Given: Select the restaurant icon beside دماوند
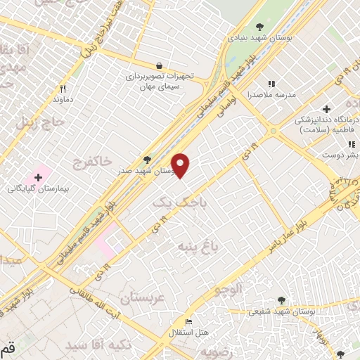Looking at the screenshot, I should coord(63,89).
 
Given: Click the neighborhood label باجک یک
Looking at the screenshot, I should coord(172,202).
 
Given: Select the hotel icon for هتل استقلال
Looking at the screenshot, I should coord(188,321).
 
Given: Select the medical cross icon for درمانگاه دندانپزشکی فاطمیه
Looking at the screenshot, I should coord(326,109).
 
